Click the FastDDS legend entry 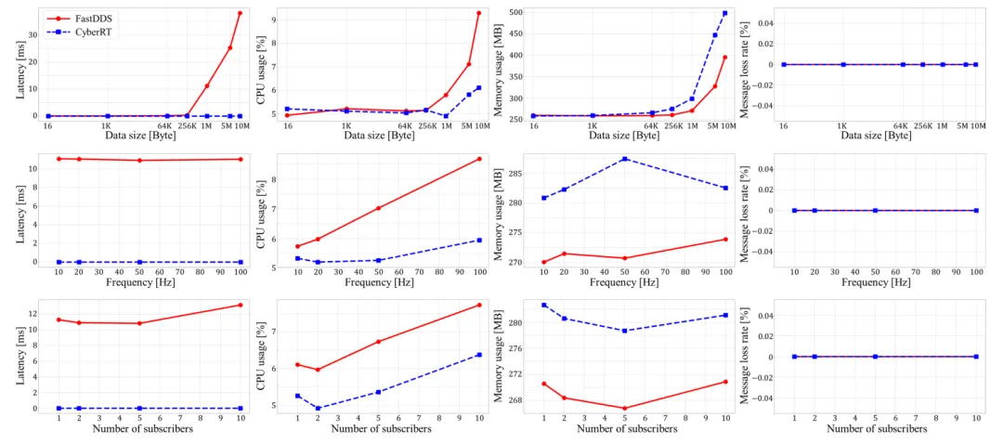point(89,18)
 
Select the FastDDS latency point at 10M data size point(240,13)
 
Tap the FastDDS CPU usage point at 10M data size point(478,13)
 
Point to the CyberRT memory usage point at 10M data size point(724,13)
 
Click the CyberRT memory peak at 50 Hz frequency point(625,159)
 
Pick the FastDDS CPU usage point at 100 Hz point(478,159)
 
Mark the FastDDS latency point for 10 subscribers point(240,305)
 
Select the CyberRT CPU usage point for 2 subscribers point(319,408)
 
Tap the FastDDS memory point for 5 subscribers point(625,408)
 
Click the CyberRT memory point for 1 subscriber point(544,305)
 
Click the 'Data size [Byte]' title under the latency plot point(141,136)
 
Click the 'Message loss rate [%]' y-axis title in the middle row point(745,212)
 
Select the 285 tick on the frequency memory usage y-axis point(514,174)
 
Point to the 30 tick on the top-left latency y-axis point(33,35)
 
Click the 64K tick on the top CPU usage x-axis point(405,125)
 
